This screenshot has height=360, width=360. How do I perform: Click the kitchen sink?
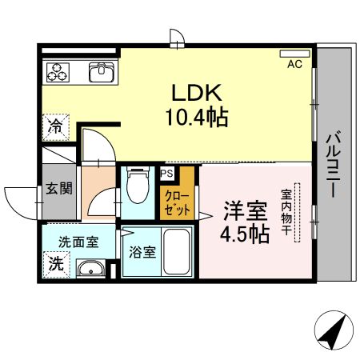point(101,74)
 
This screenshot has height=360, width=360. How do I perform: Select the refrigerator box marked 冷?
point(56,125)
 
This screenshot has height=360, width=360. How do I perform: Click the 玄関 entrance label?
point(58,189)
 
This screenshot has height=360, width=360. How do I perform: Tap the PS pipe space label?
point(166,173)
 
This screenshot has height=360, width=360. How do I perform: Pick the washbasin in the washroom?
point(90,268)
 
